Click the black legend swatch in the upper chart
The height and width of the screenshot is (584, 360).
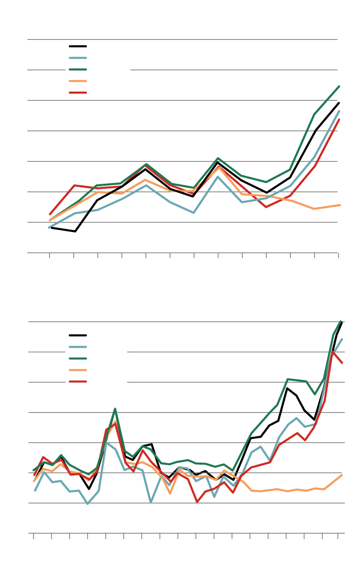pos(78,46)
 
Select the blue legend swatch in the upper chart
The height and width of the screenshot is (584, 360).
pos(78,58)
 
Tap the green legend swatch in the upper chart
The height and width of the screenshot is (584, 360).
pos(78,69)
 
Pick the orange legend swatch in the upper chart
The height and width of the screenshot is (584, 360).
pos(78,81)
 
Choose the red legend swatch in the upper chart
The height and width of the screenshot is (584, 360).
pos(78,93)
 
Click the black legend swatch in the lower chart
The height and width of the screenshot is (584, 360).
pos(78,335)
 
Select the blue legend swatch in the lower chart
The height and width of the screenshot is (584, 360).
pos(78,347)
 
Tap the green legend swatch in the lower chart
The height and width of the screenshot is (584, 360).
pos(78,359)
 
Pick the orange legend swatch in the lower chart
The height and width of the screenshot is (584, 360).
pos(78,370)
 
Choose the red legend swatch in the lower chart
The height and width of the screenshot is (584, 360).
pos(78,382)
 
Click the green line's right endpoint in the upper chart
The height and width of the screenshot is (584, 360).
pos(339,86)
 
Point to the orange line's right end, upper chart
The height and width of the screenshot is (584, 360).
pos(339,205)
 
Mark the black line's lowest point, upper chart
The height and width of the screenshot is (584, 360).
pos(75,232)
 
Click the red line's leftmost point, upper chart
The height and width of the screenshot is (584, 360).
pos(50,214)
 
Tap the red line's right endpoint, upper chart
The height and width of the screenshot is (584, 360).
pos(339,120)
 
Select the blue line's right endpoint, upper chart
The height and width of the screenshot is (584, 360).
pos(339,111)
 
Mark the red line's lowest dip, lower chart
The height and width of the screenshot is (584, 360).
pos(196,502)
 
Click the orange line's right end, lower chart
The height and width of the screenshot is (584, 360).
pos(342,475)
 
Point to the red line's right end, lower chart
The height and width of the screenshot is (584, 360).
pos(342,363)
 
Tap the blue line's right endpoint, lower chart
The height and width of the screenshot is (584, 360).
pos(342,339)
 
